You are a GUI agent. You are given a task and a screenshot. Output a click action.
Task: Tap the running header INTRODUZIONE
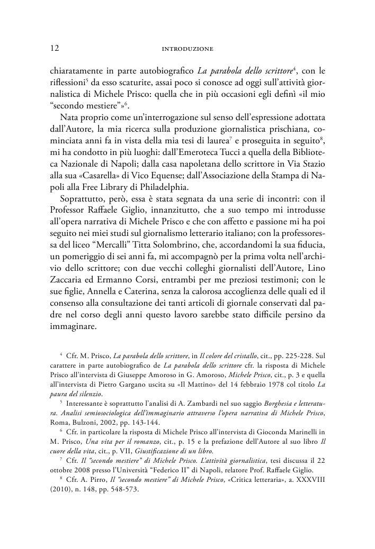point(187,49)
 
